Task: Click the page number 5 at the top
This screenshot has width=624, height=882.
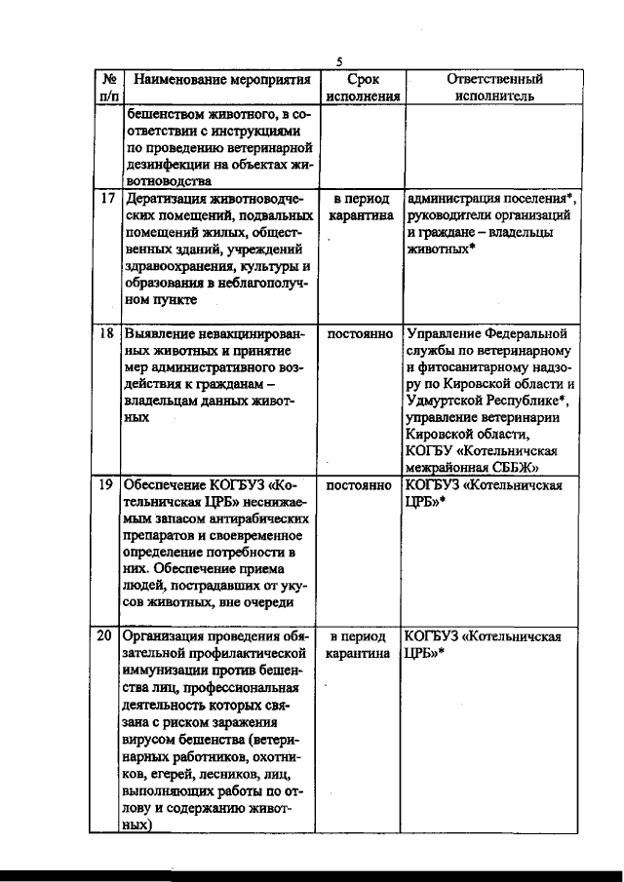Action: tap(337, 60)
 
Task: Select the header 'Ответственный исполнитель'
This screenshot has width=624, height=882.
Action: tap(494, 88)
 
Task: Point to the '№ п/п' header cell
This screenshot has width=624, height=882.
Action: tap(108, 88)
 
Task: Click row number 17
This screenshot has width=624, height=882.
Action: tap(108, 198)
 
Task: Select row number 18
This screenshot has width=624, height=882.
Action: tap(108, 334)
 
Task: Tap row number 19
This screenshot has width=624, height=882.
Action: tap(108, 484)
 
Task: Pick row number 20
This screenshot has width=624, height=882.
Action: tap(108, 635)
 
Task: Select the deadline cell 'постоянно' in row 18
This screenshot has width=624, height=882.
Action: tap(360, 334)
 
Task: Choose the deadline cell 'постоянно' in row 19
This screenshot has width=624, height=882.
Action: tap(360, 484)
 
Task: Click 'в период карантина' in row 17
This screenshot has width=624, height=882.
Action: tap(361, 206)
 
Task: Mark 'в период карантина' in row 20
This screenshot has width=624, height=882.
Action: tap(361, 644)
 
